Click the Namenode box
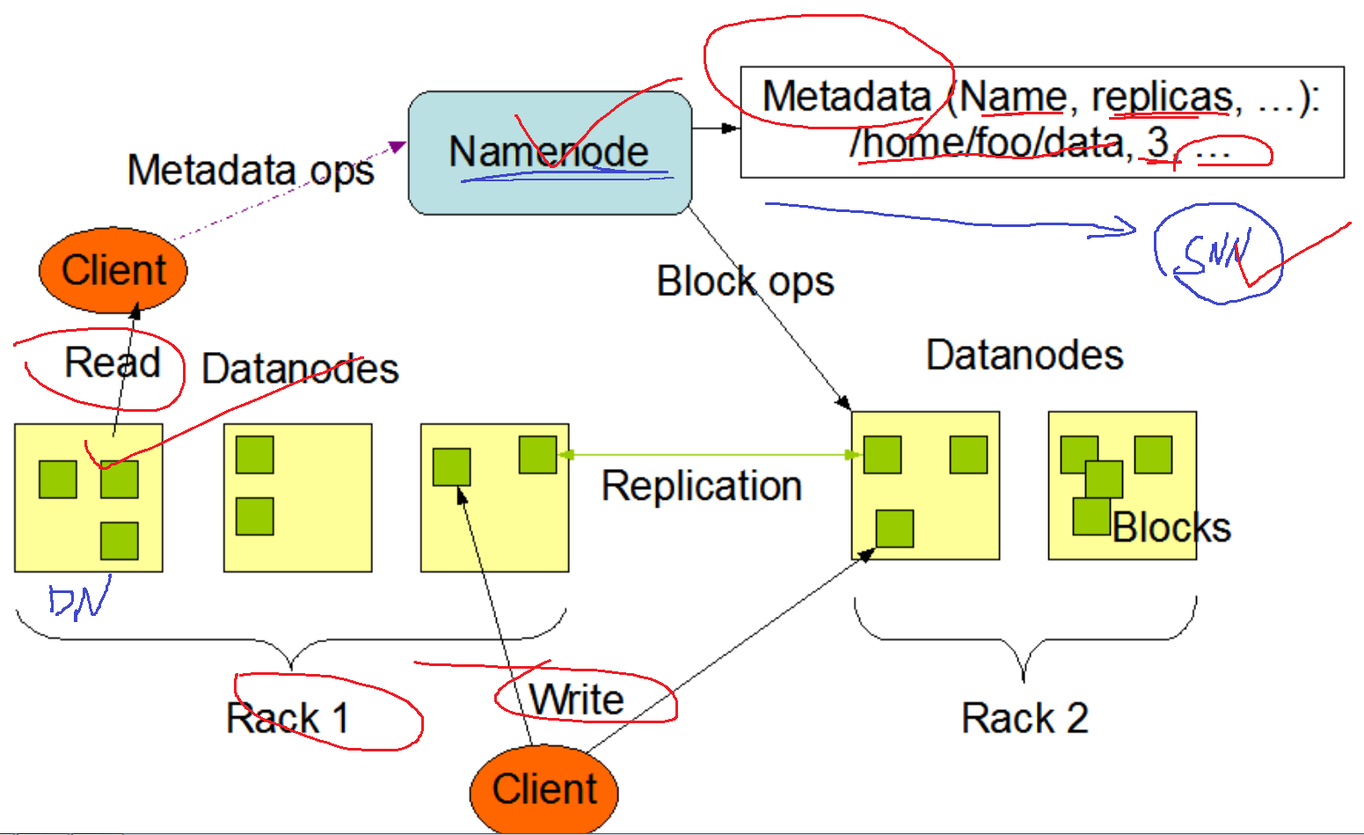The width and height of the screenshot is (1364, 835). (x=550, y=152)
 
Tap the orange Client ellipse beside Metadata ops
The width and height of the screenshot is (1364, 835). (x=113, y=270)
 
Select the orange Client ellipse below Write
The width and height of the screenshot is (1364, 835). (x=544, y=789)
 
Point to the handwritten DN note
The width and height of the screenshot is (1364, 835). (x=79, y=600)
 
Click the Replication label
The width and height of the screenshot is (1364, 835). (x=701, y=487)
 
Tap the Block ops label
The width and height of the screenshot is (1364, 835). (x=745, y=282)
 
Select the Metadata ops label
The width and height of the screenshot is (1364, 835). (x=251, y=170)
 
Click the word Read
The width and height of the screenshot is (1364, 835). (x=113, y=363)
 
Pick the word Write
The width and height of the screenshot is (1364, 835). (x=577, y=700)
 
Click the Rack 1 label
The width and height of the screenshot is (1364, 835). (x=288, y=718)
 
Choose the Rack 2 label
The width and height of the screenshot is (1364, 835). (x=1025, y=718)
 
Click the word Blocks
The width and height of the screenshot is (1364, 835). (x=1171, y=528)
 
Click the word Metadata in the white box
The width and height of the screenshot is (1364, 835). (x=846, y=96)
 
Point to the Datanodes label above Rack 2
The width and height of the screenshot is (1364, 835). (x=1025, y=355)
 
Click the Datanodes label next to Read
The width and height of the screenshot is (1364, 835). (x=300, y=370)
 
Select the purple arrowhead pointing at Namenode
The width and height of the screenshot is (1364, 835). (x=398, y=146)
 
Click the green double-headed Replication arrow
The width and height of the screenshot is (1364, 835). (x=709, y=455)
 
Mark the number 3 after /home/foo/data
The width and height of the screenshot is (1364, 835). (x=1157, y=143)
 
